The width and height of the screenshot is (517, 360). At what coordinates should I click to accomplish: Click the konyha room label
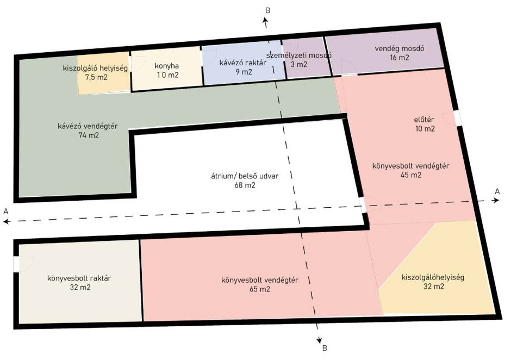[x=166, y=66]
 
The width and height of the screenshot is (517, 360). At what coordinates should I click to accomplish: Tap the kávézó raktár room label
[x=243, y=63]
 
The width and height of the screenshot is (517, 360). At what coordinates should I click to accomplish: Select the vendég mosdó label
[x=399, y=48]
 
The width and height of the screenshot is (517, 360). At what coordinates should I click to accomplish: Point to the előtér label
[x=424, y=120]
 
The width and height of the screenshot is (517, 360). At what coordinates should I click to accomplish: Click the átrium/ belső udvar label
[x=245, y=176]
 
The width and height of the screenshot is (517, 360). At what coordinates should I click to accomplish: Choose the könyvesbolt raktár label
[x=79, y=278]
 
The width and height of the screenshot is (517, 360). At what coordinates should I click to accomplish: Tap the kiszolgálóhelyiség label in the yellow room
[x=433, y=277]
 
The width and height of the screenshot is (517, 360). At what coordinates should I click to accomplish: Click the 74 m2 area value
[x=89, y=135]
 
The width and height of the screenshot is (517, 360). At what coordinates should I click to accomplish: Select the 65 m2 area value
[x=260, y=289]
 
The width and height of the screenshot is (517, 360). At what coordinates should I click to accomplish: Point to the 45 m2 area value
[x=411, y=175]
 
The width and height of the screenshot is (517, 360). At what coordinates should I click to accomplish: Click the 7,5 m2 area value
[x=96, y=78]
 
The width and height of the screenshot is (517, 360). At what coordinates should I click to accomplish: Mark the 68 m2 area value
[x=245, y=185]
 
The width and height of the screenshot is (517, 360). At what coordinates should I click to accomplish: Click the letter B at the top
[x=267, y=10]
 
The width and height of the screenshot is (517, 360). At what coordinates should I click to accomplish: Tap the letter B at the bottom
[x=325, y=348]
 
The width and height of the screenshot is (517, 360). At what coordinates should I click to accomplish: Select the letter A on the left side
[x=5, y=211]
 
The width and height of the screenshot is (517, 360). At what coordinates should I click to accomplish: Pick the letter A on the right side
[x=497, y=191]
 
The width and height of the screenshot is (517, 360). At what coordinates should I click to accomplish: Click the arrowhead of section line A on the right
[x=496, y=200]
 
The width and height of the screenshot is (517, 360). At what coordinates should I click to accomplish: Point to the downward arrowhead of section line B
[x=319, y=340]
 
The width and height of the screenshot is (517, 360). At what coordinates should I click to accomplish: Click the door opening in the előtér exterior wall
[x=457, y=118]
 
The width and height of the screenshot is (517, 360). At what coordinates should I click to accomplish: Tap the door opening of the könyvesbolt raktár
[x=16, y=264]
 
